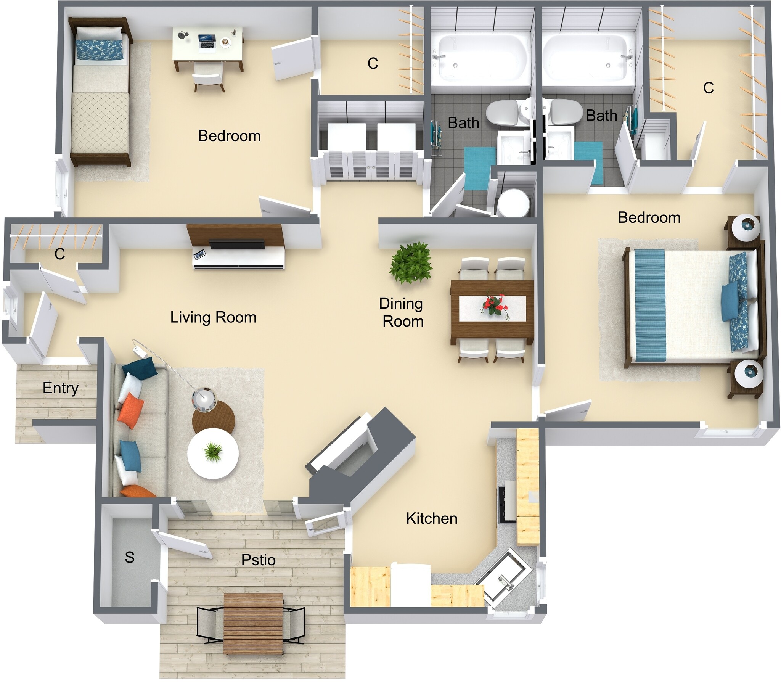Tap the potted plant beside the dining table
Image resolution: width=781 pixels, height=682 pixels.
coord(410,263)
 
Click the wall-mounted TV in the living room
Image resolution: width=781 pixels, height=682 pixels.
coord(237,244)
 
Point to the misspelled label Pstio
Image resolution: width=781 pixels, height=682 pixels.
coord(258,560)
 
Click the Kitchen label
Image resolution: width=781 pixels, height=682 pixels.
coord(431,518)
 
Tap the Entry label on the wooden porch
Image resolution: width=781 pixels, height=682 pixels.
coord(60,388)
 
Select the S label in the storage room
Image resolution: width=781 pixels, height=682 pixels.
coord(130,557)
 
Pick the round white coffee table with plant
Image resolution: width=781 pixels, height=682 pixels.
coord(213,454)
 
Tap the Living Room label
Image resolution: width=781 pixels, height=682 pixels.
coord(213,317)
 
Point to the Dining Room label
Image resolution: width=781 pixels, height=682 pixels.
coord(402,312)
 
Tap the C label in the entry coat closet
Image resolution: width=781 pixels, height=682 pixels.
coord(59,254)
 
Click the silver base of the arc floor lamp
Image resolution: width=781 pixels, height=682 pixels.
coord(204,400)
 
